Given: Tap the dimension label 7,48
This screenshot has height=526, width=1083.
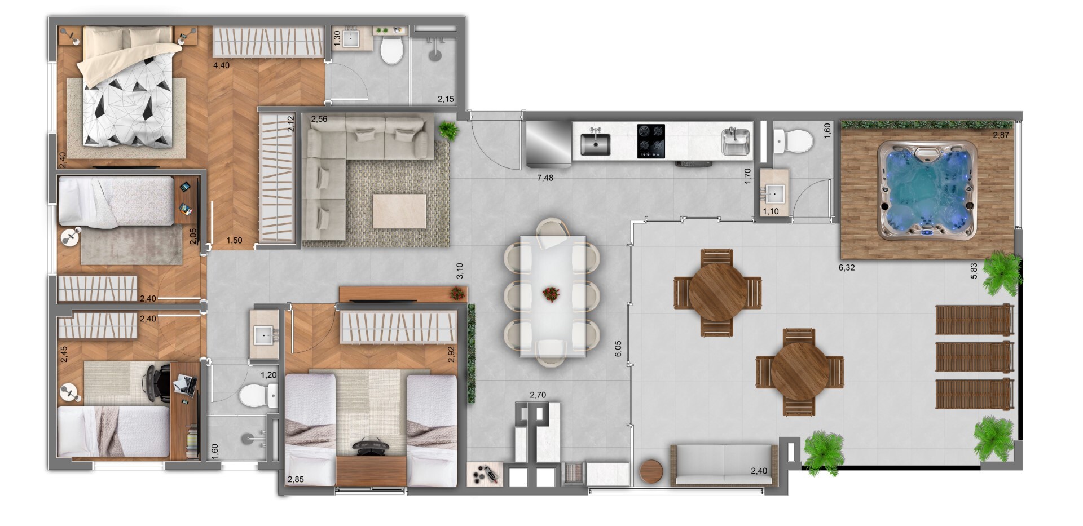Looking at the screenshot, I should click(x=545, y=178).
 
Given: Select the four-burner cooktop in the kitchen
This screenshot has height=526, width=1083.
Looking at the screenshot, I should click(x=650, y=141).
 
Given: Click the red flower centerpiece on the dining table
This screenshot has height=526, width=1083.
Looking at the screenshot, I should click(x=549, y=294).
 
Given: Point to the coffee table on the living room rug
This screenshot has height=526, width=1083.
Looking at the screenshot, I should click(x=399, y=211).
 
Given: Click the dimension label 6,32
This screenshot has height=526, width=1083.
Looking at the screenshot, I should click(x=846, y=268).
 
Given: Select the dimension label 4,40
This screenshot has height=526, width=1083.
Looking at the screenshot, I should click(x=221, y=66).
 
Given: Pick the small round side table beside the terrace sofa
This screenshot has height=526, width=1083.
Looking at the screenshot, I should click(x=653, y=471).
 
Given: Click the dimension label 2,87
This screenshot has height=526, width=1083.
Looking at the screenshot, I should click(x=1001, y=135).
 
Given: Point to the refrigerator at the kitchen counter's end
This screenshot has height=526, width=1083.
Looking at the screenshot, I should click(x=548, y=143).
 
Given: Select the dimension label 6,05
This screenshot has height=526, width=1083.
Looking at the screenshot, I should click(x=618, y=348).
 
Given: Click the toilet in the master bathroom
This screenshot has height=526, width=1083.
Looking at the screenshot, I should click(x=391, y=50).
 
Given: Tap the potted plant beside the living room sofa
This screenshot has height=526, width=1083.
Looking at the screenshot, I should click(x=448, y=130).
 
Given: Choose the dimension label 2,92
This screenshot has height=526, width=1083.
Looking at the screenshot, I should click(x=451, y=353).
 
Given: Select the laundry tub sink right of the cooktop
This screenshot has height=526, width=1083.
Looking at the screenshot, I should click(x=736, y=141).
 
